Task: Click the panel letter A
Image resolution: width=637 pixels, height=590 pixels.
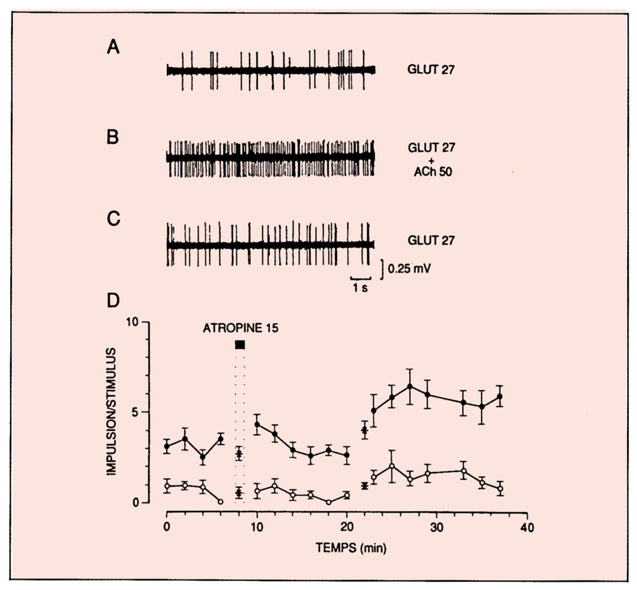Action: coord(113,49)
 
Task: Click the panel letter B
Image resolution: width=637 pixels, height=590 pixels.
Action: coord(113,137)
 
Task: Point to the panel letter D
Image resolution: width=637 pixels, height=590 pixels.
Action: coord(114,300)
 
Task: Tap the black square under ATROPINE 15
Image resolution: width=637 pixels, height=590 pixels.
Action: coord(240,345)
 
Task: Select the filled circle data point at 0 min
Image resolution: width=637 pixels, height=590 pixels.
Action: coord(167,446)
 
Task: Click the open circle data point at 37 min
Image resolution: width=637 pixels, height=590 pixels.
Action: coord(501,489)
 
